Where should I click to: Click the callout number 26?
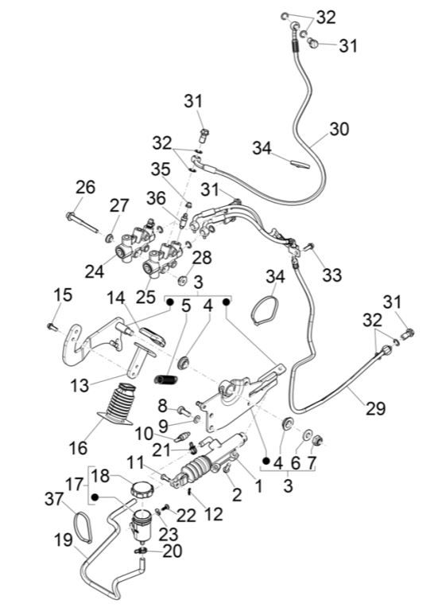(x=85, y=187)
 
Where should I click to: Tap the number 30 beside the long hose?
(x=339, y=129)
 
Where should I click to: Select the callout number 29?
(x=375, y=409)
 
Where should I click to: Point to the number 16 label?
(x=78, y=448)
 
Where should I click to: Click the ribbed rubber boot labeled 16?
(x=117, y=403)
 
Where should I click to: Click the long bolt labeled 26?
(x=82, y=223)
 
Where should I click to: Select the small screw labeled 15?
(x=52, y=327)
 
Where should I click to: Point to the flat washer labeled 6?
(x=307, y=435)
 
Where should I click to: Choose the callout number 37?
(x=54, y=499)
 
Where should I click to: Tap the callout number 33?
(x=332, y=275)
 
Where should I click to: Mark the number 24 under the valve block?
(x=95, y=271)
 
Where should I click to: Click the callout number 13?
(x=79, y=386)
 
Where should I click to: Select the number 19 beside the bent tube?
(x=63, y=540)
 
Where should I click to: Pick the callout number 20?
(x=173, y=551)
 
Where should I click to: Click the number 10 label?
(x=144, y=434)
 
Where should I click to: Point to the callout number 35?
(x=161, y=170)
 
